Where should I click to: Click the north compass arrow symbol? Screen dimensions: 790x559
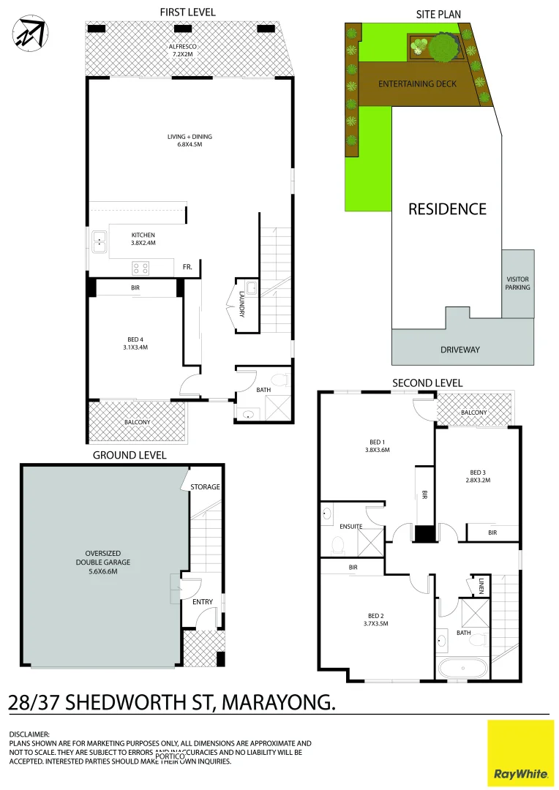(x=29, y=33)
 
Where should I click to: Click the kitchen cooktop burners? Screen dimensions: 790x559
(x=140, y=267)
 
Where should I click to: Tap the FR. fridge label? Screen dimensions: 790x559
(x=187, y=268)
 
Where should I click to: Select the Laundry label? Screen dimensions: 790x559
(x=241, y=304)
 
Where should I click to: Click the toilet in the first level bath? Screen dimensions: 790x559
(x=279, y=379)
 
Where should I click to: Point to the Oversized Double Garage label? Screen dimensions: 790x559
(x=102, y=562)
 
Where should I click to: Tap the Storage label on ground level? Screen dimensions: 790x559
(x=205, y=487)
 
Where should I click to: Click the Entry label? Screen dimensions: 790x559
(x=203, y=602)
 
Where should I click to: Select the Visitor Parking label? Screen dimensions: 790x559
(x=517, y=283)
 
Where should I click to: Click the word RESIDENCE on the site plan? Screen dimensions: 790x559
(x=447, y=209)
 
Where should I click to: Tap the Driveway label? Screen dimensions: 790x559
(x=460, y=350)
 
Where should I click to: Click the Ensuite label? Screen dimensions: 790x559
(x=351, y=527)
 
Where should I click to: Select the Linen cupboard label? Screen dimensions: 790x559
(x=482, y=585)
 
